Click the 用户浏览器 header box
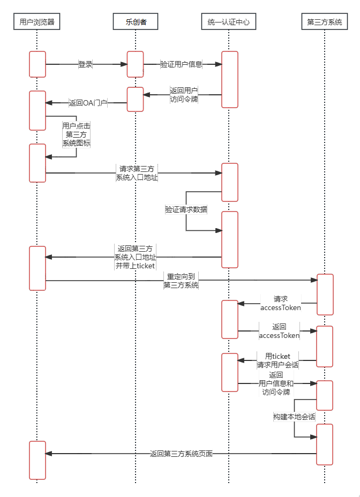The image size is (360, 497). (x=36, y=22)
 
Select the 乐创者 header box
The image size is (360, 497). (x=136, y=22)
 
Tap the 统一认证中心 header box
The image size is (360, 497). (x=228, y=22)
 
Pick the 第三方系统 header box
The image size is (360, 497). (x=325, y=22)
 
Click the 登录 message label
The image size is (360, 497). (x=86, y=64)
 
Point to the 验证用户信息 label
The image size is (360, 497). (x=182, y=64)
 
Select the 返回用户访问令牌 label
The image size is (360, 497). (x=183, y=95)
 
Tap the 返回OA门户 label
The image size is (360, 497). (x=88, y=103)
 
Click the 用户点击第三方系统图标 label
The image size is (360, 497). (x=76, y=134)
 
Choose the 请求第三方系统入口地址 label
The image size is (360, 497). (x=137, y=173)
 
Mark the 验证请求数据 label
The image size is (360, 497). (x=186, y=209)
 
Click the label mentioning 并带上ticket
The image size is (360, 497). (x=135, y=257)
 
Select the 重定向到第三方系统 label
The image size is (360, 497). (x=181, y=281)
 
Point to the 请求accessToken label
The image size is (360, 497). (x=280, y=303)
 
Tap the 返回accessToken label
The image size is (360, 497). (x=279, y=331)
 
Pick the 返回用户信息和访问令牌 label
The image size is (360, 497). (x=276, y=383)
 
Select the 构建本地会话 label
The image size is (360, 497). (x=294, y=417)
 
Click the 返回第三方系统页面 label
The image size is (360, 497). (x=181, y=454)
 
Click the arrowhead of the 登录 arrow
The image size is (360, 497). (x=124, y=64)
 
